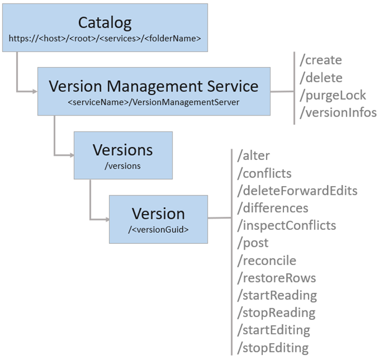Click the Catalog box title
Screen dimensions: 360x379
105,23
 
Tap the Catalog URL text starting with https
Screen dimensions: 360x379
105,39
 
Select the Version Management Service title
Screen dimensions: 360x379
153,86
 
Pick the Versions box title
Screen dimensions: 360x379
122,150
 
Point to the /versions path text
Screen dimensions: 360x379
122,166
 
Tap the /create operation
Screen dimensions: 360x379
320,60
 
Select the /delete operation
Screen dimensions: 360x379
320,78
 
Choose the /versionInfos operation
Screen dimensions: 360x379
338,113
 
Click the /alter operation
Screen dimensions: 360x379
254,156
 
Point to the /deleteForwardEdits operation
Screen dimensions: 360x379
297,191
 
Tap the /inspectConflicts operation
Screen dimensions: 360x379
286,225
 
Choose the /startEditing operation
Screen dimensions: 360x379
273,330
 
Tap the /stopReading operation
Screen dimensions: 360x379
276,313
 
